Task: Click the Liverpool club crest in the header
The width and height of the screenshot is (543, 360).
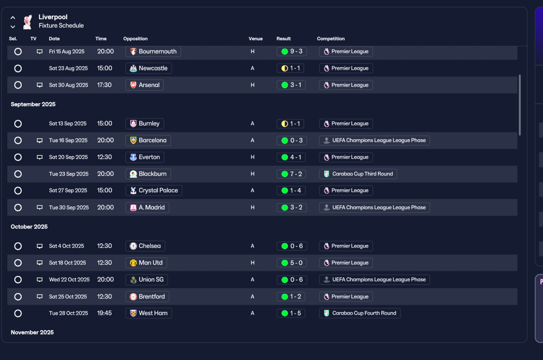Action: click(x=28, y=22)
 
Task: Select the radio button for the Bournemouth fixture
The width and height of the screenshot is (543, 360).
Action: click(x=18, y=51)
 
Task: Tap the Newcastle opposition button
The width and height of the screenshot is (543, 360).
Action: click(x=148, y=68)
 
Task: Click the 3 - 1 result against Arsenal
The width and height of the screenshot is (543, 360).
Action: click(x=291, y=85)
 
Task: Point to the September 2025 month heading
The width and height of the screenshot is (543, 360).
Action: click(x=33, y=104)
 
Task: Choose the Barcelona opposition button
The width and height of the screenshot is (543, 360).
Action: click(x=148, y=141)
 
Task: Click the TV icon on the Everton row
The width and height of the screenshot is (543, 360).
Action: click(x=39, y=157)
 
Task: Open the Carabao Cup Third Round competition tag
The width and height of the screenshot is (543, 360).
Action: click(x=358, y=174)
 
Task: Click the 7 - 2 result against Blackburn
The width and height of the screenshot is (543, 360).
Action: click(x=291, y=174)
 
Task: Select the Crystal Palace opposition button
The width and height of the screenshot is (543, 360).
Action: click(x=154, y=191)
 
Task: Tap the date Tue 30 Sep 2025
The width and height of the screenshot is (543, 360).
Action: click(x=69, y=208)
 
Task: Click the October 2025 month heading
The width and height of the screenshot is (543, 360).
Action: click(x=29, y=227)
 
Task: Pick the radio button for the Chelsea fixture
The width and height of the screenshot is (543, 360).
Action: click(x=18, y=246)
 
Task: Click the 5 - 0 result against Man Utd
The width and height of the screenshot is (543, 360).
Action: click(x=291, y=263)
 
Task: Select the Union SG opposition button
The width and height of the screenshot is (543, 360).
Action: click(x=147, y=280)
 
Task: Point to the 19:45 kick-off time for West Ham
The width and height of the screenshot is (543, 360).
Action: click(x=104, y=313)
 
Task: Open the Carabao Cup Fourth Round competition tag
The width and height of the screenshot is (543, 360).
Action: click(x=360, y=313)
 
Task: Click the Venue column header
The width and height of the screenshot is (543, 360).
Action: click(x=256, y=39)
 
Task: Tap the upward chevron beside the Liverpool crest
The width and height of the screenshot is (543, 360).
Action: click(x=13, y=18)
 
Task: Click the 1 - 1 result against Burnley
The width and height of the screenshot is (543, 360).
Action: click(x=291, y=124)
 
